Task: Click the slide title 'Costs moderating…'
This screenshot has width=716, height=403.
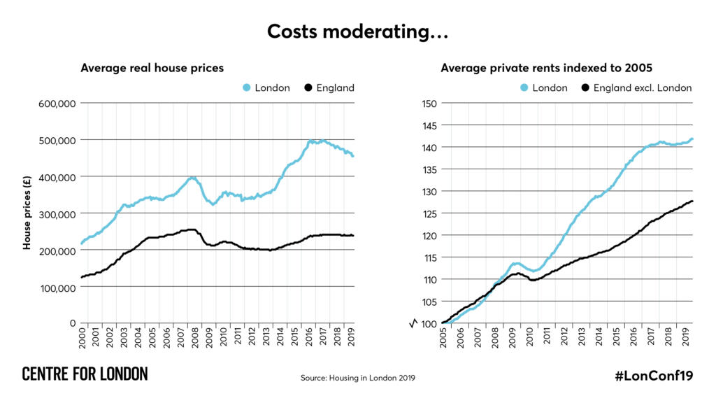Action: pyautogui.click(x=357, y=32)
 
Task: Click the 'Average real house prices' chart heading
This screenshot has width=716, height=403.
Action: pyautogui.click(x=152, y=68)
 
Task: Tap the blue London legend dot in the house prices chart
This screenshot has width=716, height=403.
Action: pyautogui.click(x=246, y=88)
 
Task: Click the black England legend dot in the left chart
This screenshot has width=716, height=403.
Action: pyautogui.click(x=308, y=88)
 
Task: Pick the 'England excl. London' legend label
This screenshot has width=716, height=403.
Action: pyautogui.click(x=642, y=88)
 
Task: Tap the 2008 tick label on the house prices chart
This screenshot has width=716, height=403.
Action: pyautogui.click(x=194, y=339)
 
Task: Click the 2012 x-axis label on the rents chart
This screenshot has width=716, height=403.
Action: pyautogui.click(x=564, y=339)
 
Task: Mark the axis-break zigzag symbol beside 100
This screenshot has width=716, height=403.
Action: pyautogui.click(x=413, y=323)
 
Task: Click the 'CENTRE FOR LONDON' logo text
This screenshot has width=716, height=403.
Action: pyautogui.click(x=85, y=374)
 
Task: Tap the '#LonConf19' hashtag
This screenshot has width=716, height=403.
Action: pyautogui.click(x=654, y=376)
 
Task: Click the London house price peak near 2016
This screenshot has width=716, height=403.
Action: pyautogui.click(x=310, y=141)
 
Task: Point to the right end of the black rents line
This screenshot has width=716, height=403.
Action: pyautogui.click(x=692, y=201)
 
